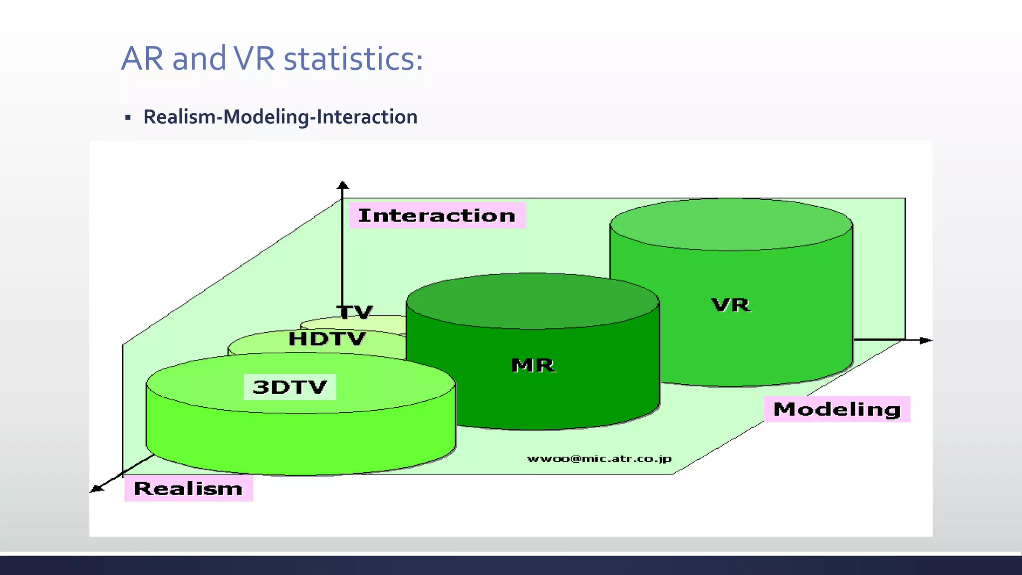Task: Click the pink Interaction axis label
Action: (437, 216)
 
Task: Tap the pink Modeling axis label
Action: (837, 409)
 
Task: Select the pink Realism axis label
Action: (188, 488)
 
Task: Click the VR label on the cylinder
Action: (731, 305)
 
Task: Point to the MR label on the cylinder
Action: (533, 365)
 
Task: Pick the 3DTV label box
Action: (290, 387)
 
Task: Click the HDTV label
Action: (327, 339)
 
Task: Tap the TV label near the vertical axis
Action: (355, 312)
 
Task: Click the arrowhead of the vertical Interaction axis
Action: (342, 185)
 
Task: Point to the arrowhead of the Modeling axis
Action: (926, 340)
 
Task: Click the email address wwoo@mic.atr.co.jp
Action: (599, 459)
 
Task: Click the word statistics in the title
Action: (353, 59)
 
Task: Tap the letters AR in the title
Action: (142, 59)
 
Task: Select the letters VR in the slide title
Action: (254, 59)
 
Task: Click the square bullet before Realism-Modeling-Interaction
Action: (128, 118)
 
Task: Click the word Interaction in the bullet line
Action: (367, 117)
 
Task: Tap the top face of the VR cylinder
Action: (731, 225)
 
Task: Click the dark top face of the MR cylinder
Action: (533, 301)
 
